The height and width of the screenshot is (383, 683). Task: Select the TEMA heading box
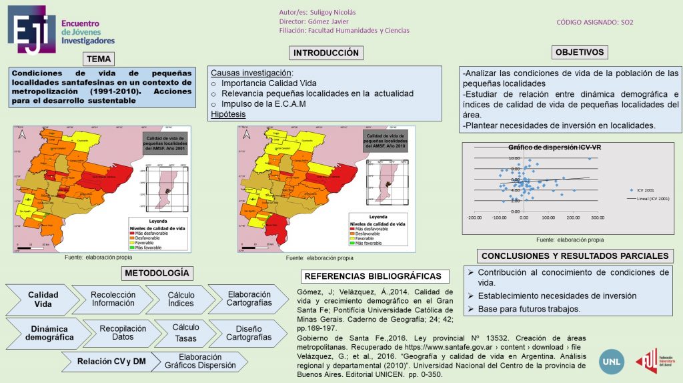point(99,59)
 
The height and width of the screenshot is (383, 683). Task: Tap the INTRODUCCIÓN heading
point(326,53)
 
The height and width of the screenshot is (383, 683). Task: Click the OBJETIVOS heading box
point(580,52)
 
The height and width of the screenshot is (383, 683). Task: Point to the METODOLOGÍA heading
point(158,273)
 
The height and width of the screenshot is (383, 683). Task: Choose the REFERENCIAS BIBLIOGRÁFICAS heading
point(372,276)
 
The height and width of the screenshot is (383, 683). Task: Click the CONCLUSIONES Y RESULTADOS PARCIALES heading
point(574,256)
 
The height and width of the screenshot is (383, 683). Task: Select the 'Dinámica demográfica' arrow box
point(48,332)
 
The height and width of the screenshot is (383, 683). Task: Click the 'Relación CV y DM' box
point(111,361)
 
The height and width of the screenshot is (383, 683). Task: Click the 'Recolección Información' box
point(113,299)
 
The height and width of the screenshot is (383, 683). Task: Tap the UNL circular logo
point(612,361)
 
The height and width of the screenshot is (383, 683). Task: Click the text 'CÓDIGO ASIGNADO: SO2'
point(595,22)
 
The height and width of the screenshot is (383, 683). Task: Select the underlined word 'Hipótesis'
point(228,114)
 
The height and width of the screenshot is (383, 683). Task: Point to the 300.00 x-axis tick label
point(597,218)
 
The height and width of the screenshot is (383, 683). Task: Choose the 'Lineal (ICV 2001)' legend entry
point(648,198)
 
